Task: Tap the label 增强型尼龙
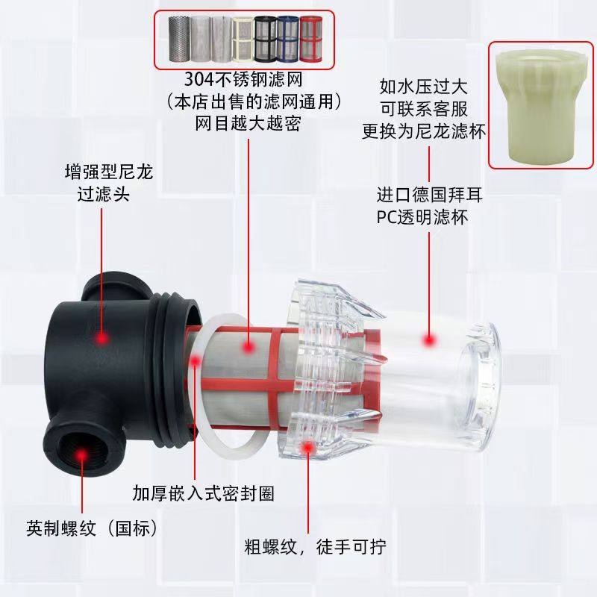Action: [x=107, y=173]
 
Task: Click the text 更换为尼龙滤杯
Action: [x=424, y=131]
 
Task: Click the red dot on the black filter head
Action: [x=100, y=339]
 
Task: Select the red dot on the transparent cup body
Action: [x=429, y=340]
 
